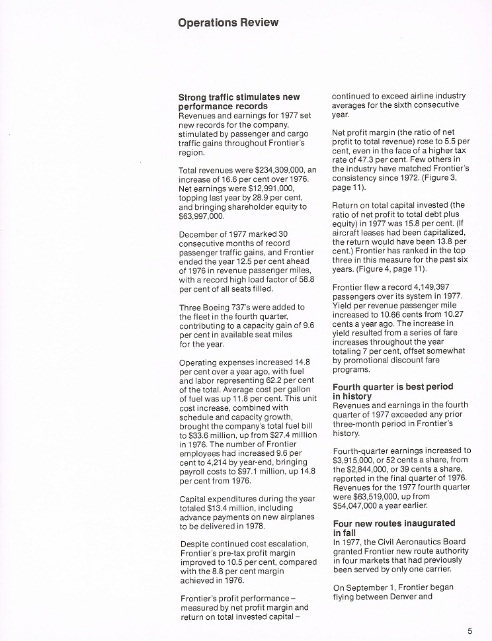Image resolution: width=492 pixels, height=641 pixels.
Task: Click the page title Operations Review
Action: [228, 22]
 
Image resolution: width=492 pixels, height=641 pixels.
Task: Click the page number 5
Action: [470, 630]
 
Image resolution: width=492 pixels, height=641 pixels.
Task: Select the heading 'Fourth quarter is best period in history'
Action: [393, 391]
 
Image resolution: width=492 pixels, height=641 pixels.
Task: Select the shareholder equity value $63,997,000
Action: [202, 216]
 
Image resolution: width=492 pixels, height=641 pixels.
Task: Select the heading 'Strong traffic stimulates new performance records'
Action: [239, 102]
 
